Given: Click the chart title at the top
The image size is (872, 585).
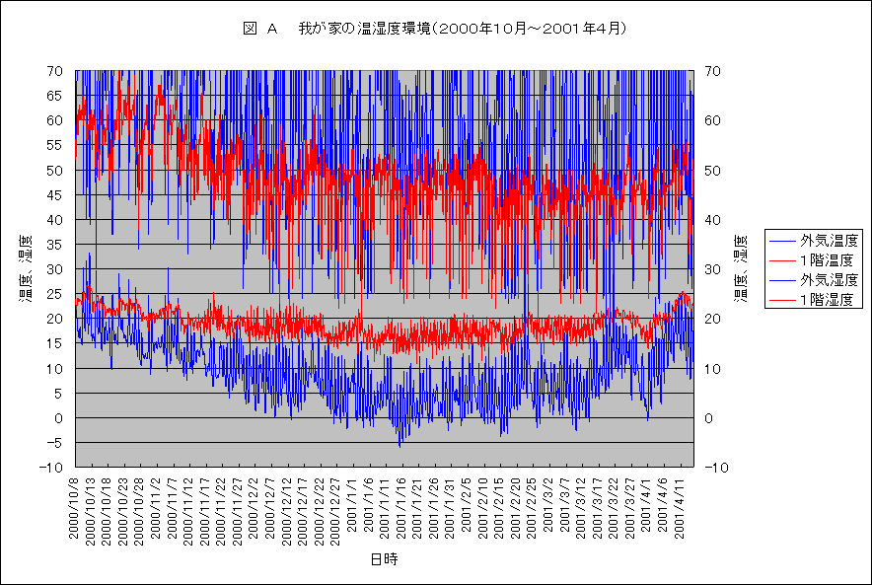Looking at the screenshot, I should click(x=435, y=30).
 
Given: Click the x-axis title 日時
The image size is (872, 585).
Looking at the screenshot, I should click(x=385, y=559).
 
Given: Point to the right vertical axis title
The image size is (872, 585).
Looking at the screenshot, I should click(x=743, y=268).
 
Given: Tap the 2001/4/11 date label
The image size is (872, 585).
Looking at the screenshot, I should click(x=679, y=506).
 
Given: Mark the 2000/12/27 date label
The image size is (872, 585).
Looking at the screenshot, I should click(x=335, y=506).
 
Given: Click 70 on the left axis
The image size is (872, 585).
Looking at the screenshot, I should click(x=55, y=71).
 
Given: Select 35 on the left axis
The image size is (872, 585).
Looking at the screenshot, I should click(x=55, y=245).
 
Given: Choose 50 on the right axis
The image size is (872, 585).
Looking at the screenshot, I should click(x=713, y=171).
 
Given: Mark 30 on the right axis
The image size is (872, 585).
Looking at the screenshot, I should click(x=713, y=269).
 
